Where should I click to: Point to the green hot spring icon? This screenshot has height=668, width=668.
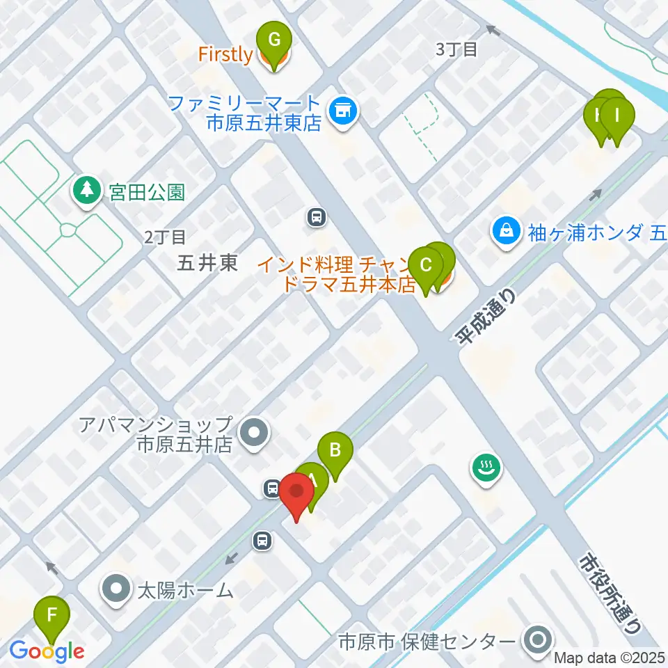tap(485, 468)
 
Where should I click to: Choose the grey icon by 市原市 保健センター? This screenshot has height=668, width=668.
tap(537, 640)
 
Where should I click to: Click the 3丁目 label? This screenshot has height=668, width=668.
tap(456, 49)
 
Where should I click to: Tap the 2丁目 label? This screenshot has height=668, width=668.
tap(165, 237)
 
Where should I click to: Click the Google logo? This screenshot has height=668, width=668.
tap(47, 651)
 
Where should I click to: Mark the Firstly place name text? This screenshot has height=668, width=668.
tap(225, 54)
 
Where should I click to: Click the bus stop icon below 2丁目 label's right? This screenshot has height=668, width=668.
tap(317, 218)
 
